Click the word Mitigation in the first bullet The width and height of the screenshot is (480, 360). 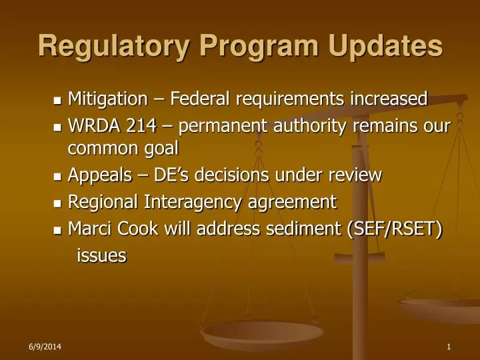coord(107,99)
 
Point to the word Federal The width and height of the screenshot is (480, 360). coord(199,99)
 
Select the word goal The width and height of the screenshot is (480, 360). coord(160,148)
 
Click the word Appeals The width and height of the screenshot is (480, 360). coord(100,176)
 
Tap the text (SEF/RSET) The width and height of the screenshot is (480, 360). coord(393,229)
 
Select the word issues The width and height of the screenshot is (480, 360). coord(101,255)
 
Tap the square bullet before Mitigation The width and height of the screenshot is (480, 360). coord(57,101)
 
